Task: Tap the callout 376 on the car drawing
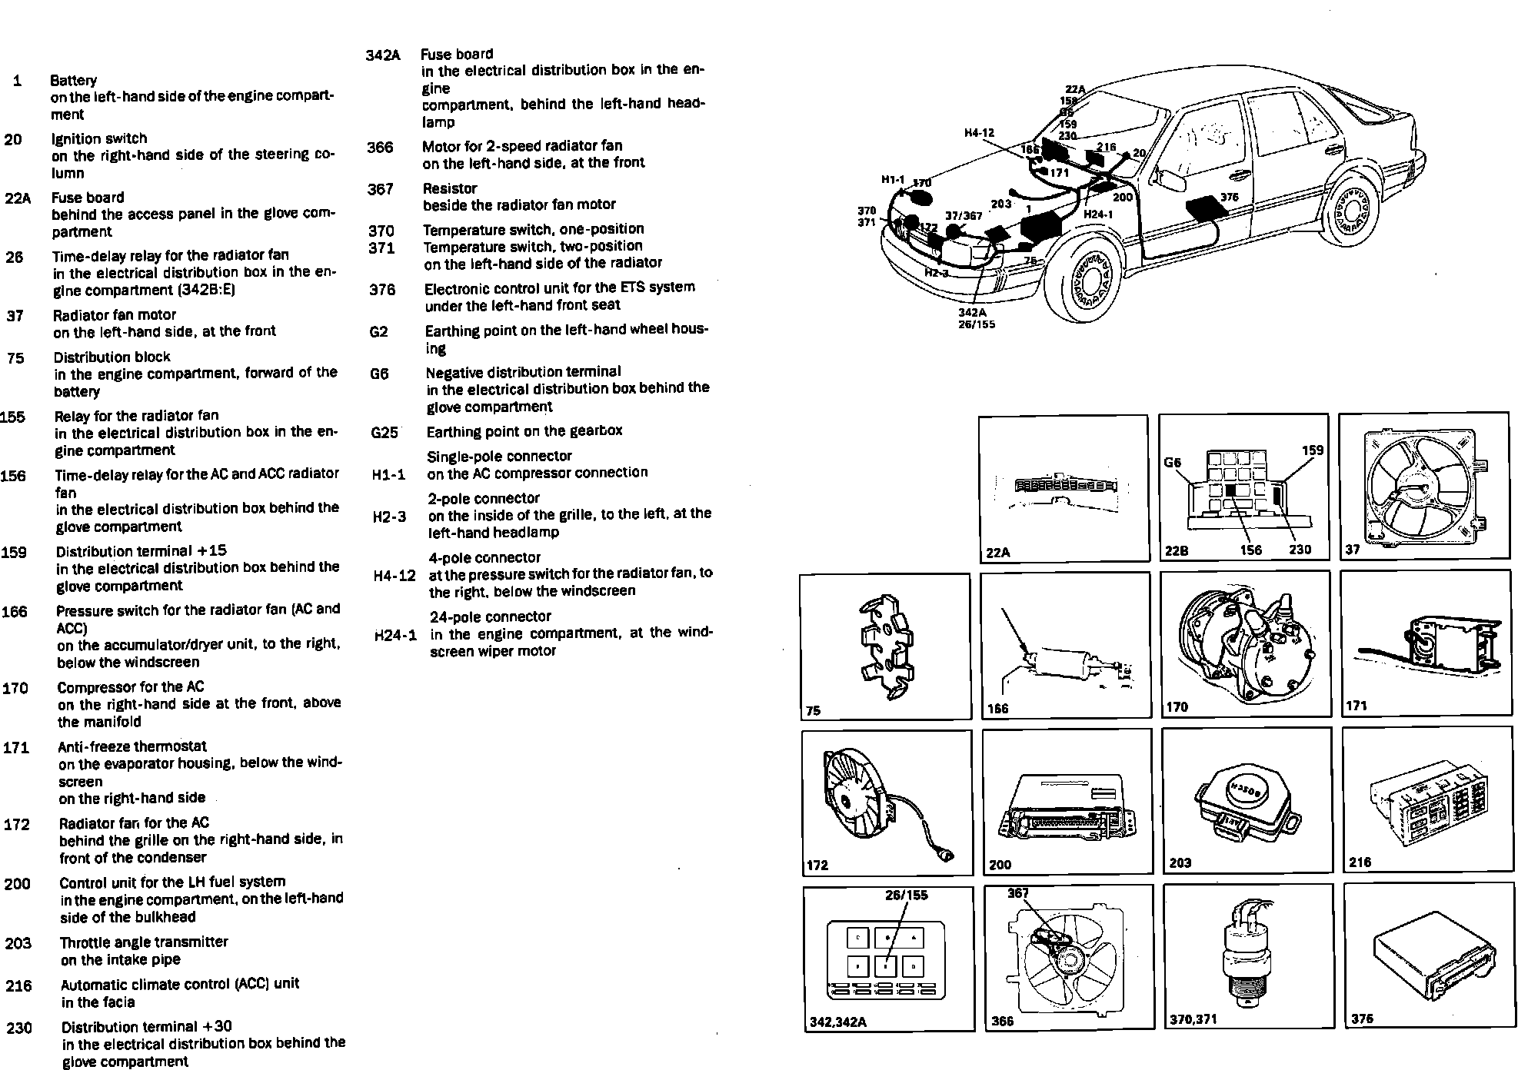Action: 1230,198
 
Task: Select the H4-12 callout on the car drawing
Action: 979,133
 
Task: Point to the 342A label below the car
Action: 972,312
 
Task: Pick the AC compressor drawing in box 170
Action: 1238,643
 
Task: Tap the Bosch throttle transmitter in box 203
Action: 1246,803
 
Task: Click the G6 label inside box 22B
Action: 1172,463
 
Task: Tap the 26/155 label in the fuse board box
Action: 907,895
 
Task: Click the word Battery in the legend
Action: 73,80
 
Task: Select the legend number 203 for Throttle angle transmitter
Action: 18,943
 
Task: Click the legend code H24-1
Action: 395,636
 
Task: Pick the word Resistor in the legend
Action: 450,188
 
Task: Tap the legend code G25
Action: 384,432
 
